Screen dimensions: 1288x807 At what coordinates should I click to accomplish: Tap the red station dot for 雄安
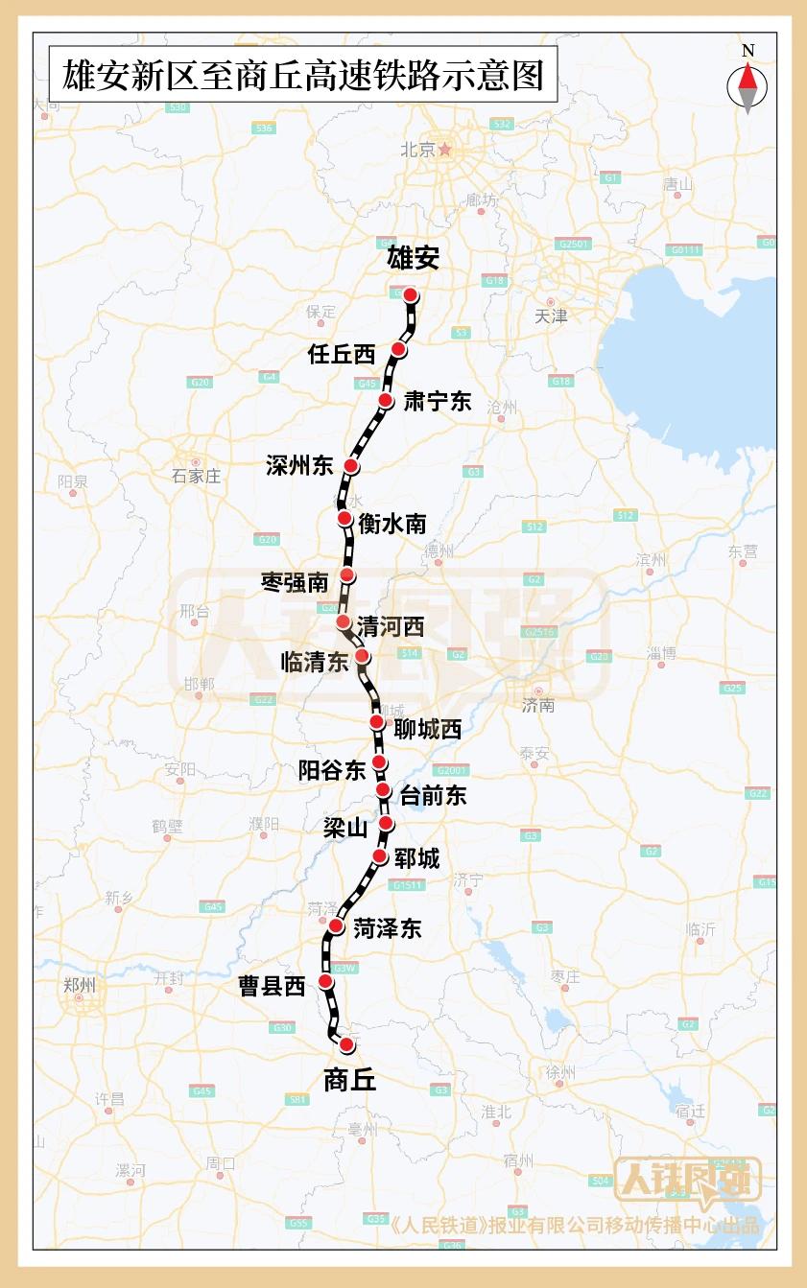click(x=410, y=294)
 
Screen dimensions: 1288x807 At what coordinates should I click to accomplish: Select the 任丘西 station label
click(x=342, y=354)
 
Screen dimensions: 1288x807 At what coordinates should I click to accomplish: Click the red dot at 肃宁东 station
click(x=386, y=400)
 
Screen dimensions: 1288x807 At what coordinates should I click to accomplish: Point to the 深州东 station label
click(x=299, y=466)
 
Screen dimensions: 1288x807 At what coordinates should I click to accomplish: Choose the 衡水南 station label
click(x=392, y=524)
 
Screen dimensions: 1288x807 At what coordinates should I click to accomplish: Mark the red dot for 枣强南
click(x=347, y=574)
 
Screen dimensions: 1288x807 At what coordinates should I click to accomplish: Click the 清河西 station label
click(x=390, y=626)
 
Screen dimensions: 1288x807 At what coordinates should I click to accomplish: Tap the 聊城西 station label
click(x=428, y=729)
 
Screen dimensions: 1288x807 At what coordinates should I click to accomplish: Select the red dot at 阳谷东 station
click(x=380, y=762)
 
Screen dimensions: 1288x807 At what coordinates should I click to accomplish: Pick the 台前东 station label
click(x=433, y=794)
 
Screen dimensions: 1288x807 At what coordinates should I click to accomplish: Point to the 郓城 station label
click(x=416, y=857)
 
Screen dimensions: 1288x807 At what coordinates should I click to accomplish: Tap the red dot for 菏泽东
click(x=336, y=925)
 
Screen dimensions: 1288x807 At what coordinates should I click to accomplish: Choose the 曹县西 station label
click(x=272, y=986)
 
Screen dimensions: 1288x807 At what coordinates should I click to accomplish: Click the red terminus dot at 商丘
click(x=346, y=1043)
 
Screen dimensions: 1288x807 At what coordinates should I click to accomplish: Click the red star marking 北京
click(x=444, y=149)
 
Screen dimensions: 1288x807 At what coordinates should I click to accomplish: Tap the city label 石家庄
click(x=196, y=476)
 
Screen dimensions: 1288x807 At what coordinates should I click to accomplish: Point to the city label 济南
click(x=539, y=705)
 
